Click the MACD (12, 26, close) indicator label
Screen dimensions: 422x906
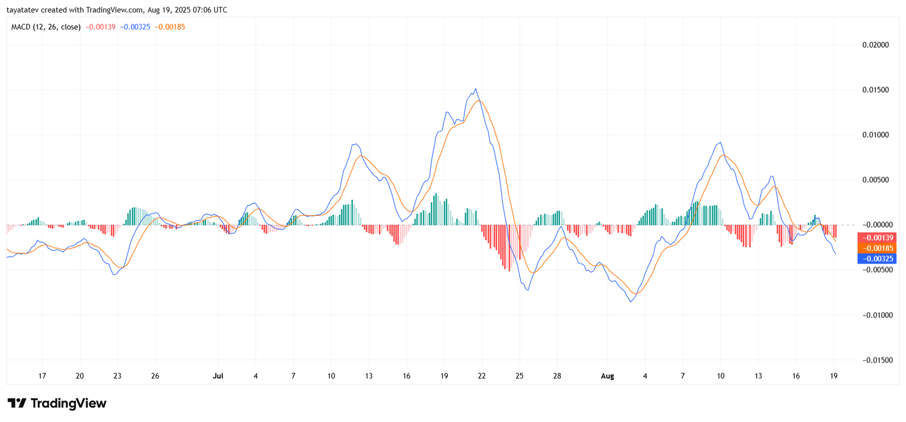[46, 27]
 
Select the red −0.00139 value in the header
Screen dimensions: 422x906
[100, 27]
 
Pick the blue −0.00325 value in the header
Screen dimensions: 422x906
[135, 27]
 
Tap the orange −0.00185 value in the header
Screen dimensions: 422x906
[170, 27]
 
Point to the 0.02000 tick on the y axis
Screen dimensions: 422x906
[875, 45]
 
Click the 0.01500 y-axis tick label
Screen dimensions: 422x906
[875, 90]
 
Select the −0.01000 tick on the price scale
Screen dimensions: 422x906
[874, 315]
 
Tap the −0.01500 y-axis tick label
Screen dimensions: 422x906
[874, 360]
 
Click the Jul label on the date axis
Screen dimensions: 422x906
[218, 376]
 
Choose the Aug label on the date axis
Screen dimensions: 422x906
[607, 376]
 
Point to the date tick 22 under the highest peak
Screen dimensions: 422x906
[482, 376]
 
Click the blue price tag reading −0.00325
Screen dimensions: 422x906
[877, 259]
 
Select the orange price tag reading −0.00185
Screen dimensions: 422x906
[877, 248]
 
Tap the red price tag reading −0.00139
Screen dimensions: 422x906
[877, 238]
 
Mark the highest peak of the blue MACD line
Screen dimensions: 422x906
[476, 89]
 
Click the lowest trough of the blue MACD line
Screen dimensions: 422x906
[631, 301]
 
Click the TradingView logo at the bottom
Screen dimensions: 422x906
[57, 403]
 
